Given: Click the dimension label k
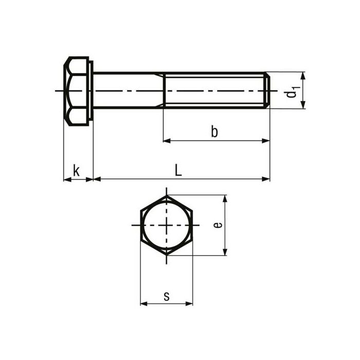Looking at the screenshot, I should pos(76,170).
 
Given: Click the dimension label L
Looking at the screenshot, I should pos(178,170).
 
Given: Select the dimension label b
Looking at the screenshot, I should pos(214,132).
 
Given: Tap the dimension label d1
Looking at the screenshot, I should pos(292,92).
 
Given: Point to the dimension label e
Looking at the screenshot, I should pos(218,225).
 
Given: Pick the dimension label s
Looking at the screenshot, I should pos(166,296).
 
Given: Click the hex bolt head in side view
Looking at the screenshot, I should pos(76,91).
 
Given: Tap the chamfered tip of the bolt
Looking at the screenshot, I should pos(267,91).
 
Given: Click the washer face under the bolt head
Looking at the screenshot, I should pos(91,91).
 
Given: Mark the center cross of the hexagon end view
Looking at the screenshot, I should pos(166,225).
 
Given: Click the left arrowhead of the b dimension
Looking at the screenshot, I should pos(166,140).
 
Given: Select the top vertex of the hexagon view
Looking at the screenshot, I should pos(166,195).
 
